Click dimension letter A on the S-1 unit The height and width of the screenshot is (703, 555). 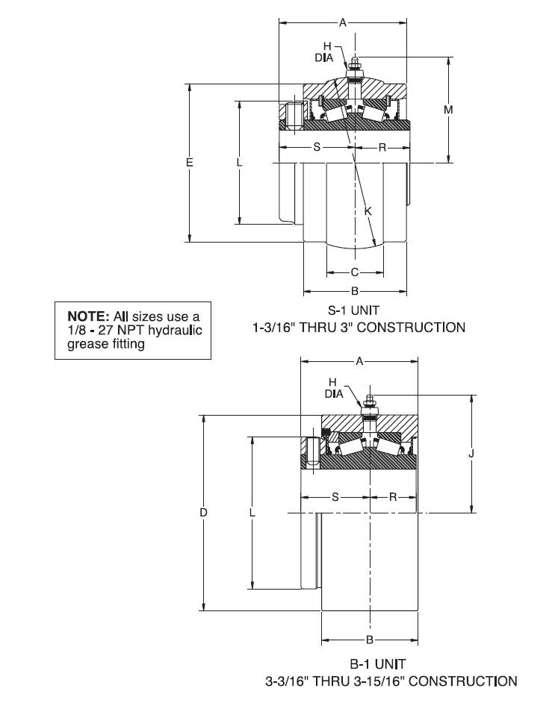(x=343, y=22)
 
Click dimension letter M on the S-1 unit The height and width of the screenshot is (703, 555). (x=448, y=110)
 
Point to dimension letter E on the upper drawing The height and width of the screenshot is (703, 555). (x=190, y=162)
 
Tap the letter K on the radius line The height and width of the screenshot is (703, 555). (x=368, y=210)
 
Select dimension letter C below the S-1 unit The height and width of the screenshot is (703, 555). (x=355, y=272)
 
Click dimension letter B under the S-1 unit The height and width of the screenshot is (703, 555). (x=355, y=291)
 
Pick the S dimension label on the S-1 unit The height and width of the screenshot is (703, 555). (x=317, y=147)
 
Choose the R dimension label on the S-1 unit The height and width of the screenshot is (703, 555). (x=382, y=147)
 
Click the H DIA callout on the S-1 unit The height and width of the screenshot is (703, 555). (x=324, y=52)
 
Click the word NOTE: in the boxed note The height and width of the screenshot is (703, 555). (x=88, y=316)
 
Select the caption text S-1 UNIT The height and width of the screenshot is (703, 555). (x=353, y=310)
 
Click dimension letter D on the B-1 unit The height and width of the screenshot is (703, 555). (x=204, y=512)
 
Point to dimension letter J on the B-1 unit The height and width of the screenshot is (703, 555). (x=471, y=454)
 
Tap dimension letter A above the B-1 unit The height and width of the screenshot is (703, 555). (x=359, y=361)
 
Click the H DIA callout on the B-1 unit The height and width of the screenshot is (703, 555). (x=334, y=388)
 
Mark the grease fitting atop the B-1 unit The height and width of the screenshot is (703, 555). (x=370, y=404)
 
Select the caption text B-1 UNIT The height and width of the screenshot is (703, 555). (x=378, y=664)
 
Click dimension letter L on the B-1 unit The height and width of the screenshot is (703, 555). (x=252, y=512)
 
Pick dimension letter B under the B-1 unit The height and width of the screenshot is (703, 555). (x=370, y=640)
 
